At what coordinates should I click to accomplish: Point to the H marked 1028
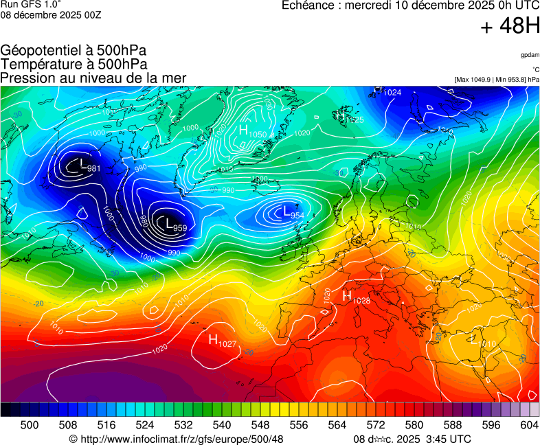tap(347, 295)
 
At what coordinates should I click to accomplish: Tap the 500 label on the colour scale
tap(30, 426)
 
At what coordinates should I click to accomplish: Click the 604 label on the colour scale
tap(529, 426)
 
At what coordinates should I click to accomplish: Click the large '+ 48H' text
tap(510, 26)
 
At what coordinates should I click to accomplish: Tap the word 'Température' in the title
tap(38, 64)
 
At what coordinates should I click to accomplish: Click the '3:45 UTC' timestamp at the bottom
tap(448, 439)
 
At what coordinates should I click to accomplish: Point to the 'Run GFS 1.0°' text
tap(31, 4)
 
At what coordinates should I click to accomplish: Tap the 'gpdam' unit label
tap(530, 54)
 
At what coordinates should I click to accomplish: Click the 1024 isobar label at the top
tap(392, 92)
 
